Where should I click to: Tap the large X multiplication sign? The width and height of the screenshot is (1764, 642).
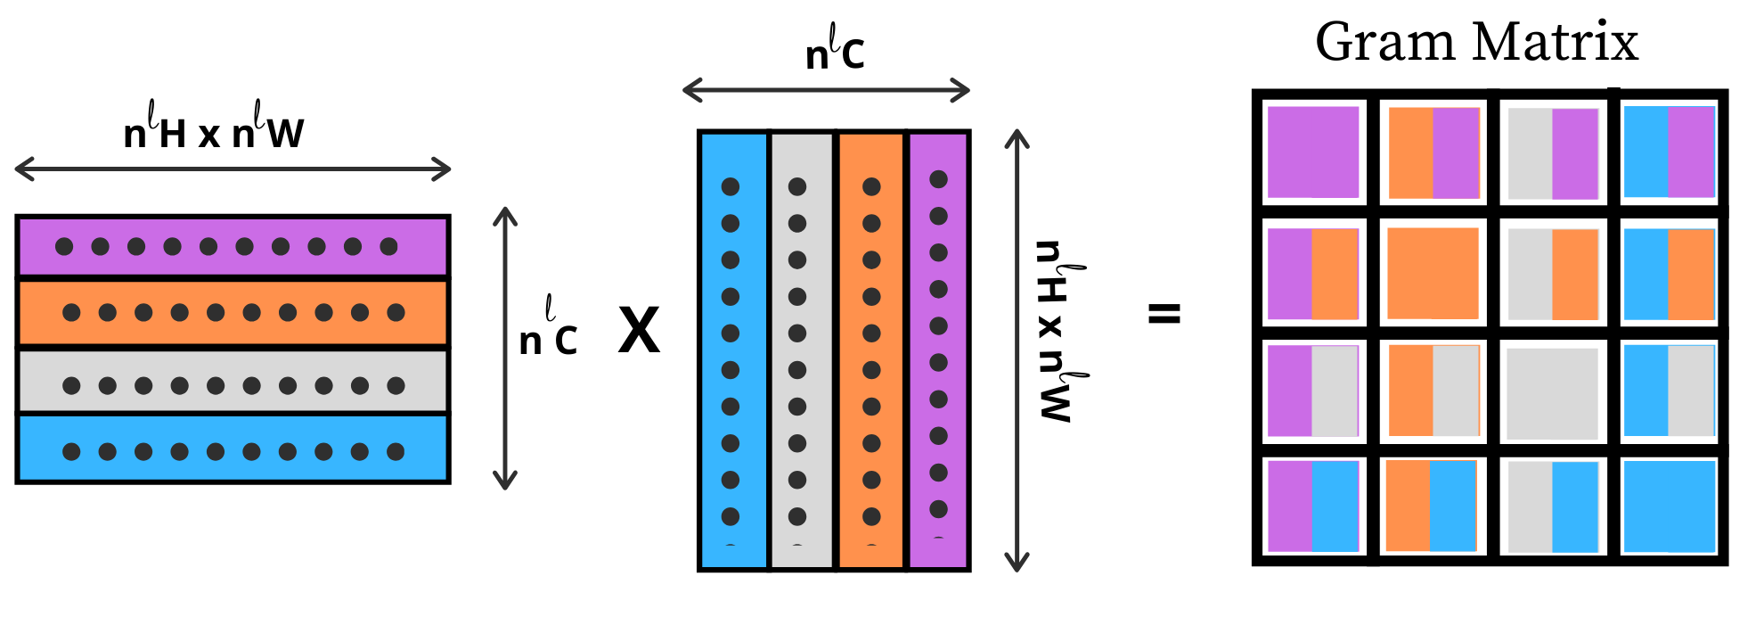click(640, 331)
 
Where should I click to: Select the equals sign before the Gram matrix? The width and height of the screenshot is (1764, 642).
click(1164, 313)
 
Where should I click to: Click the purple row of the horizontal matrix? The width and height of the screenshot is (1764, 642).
click(233, 246)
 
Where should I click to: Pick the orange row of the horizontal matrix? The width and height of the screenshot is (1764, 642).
click(233, 312)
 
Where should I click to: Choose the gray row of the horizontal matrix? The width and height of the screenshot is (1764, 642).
click(233, 382)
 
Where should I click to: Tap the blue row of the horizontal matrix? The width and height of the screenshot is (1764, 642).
click(233, 449)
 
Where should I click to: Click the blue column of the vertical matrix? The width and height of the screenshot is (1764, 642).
click(733, 350)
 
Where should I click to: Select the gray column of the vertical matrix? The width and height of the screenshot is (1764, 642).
click(802, 350)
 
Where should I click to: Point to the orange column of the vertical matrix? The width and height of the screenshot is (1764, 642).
click(871, 350)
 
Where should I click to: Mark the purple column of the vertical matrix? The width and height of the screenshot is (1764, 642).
click(939, 350)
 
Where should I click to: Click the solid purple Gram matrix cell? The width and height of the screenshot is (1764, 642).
click(1313, 152)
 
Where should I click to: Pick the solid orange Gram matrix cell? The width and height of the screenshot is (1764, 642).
click(1433, 273)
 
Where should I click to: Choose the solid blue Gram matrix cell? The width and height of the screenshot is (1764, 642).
click(1670, 506)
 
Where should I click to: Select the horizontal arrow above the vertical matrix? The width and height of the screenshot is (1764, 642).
click(826, 90)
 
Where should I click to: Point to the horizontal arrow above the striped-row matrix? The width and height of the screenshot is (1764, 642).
click(233, 169)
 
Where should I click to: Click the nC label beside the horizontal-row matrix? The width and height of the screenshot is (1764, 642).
click(549, 327)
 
